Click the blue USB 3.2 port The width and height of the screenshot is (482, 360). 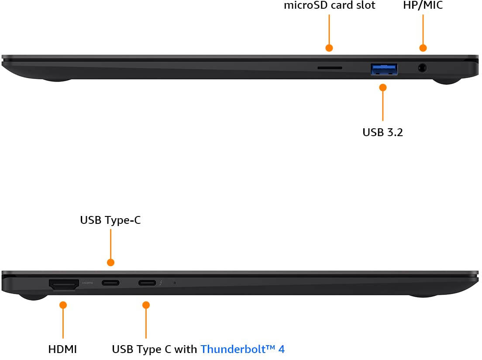click(x=384, y=69)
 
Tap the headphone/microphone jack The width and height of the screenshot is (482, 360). click(x=423, y=68)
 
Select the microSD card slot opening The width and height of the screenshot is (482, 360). click(x=330, y=68)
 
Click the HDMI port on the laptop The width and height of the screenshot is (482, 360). click(x=64, y=284)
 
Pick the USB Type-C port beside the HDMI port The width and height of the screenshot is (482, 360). click(x=110, y=283)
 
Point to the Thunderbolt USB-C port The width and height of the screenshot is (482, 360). click(x=147, y=283)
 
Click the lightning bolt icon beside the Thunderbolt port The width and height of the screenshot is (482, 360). click(x=161, y=283)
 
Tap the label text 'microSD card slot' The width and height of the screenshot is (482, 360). click(x=330, y=5)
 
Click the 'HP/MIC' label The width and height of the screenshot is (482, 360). click(x=423, y=5)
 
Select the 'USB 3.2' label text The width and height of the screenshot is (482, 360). click(x=382, y=132)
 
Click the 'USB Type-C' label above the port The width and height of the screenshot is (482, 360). click(x=110, y=220)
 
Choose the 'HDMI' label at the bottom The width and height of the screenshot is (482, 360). click(x=62, y=349)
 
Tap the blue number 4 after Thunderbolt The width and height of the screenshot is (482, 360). click(x=281, y=349)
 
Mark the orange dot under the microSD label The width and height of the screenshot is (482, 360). click(x=329, y=48)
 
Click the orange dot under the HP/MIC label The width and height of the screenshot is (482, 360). click(x=423, y=48)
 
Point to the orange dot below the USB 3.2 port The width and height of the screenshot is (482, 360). click(x=383, y=88)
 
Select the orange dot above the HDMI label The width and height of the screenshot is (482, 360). click(x=63, y=305)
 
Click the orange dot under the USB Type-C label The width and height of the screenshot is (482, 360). click(x=110, y=263)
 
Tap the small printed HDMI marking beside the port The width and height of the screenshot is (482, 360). click(x=88, y=283)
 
